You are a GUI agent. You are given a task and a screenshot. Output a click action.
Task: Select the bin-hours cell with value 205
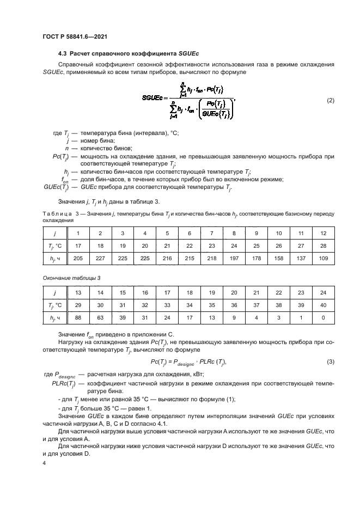(78, 260)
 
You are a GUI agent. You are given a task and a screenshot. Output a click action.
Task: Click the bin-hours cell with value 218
(211, 260)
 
